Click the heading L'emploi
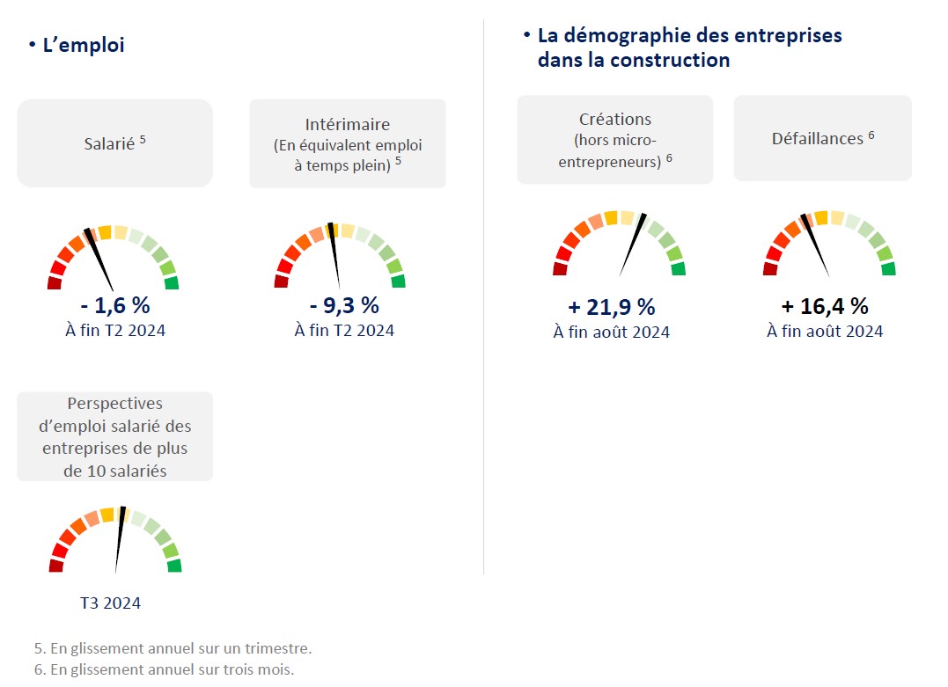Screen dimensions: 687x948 (84, 45)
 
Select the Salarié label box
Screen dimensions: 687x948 (114, 143)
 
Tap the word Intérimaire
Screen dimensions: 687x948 (348, 125)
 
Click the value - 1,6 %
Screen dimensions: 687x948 (114, 306)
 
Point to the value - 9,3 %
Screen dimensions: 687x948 (344, 306)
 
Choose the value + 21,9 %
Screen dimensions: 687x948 (612, 307)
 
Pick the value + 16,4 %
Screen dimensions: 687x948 (825, 306)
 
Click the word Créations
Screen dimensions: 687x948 (615, 119)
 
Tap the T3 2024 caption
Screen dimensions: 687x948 (110, 603)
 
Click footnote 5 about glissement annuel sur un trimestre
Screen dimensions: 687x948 (173, 648)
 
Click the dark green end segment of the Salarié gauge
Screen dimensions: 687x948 (172, 283)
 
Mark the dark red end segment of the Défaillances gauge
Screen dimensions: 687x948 (770, 269)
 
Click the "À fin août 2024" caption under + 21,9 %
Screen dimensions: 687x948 (612, 333)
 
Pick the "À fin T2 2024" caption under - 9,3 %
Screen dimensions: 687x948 (344, 331)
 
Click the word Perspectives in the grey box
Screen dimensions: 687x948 (115, 404)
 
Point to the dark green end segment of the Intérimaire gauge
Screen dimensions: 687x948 (398, 281)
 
